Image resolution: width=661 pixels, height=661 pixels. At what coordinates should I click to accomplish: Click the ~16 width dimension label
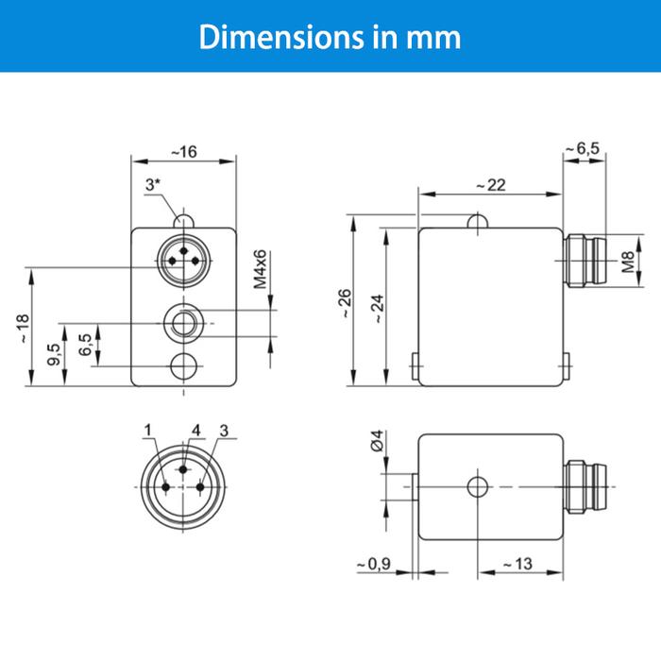tap(184, 152)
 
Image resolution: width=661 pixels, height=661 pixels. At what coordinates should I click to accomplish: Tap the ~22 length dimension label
tap(491, 185)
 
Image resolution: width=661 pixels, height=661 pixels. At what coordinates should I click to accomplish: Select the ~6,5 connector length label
tap(583, 148)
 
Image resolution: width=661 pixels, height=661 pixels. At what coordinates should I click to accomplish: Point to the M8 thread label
tap(628, 262)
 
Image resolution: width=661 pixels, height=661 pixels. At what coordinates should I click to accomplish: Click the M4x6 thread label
tap(261, 269)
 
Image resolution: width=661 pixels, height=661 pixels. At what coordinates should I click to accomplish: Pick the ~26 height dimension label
tap(345, 303)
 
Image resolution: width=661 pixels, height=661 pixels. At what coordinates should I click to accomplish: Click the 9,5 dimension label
tap(55, 354)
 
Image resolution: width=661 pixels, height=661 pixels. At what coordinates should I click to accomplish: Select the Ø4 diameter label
tap(378, 440)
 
